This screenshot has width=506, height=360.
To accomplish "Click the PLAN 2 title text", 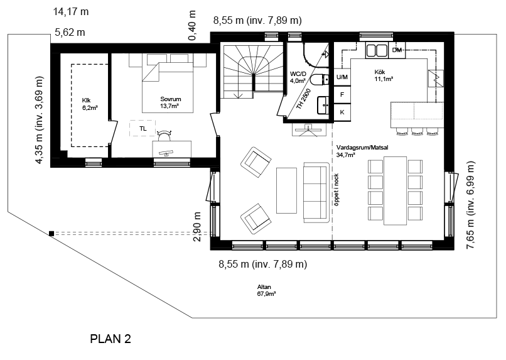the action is (x=110, y=339).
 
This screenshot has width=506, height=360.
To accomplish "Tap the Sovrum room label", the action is (x=170, y=99).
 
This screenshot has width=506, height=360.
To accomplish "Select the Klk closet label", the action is (x=87, y=101).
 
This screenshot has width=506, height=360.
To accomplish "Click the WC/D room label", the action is (x=298, y=74).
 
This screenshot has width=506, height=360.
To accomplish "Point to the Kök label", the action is (x=379, y=72).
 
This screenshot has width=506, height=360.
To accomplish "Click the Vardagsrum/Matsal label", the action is (x=362, y=148).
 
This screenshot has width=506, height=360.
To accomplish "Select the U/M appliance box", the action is (x=342, y=77).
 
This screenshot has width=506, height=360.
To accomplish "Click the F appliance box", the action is (x=342, y=95).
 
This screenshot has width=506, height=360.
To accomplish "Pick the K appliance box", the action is (x=342, y=112).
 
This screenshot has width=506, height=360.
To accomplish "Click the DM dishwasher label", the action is (x=397, y=50).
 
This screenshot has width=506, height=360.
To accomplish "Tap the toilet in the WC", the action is (x=320, y=80).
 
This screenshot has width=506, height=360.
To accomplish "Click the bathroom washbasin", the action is (x=323, y=105).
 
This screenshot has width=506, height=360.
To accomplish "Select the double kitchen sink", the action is (x=377, y=51).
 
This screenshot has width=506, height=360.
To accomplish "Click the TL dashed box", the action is (x=143, y=128).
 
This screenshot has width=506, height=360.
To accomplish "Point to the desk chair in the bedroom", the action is (x=164, y=135).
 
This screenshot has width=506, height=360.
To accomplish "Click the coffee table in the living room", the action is (x=286, y=190).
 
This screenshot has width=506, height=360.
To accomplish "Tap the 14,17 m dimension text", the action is (x=71, y=12).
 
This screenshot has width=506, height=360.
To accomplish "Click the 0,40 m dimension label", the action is (x=192, y=26).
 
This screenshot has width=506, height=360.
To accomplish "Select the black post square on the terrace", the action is (x=51, y=234).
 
